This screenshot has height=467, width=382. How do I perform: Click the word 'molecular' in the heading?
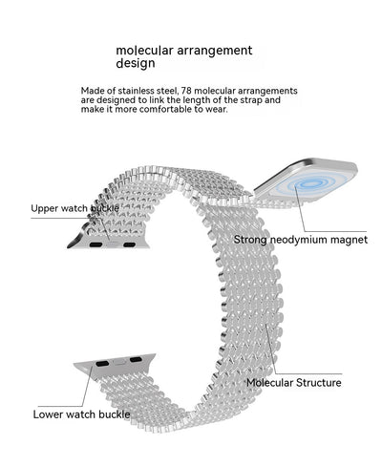(x=144, y=51)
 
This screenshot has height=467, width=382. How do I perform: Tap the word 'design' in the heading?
(x=136, y=63)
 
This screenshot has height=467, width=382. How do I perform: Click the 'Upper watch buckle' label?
(x=74, y=208)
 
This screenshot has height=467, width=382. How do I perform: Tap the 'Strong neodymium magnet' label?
(x=301, y=240)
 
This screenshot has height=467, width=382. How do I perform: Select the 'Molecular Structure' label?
(x=294, y=382)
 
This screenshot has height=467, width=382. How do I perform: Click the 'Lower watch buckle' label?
(x=81, y=414)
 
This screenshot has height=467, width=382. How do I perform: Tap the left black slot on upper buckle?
(x=95, y=244)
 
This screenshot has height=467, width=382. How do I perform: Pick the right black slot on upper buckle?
(x=130, y=244)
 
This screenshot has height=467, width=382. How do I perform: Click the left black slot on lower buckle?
(x=102, y=363)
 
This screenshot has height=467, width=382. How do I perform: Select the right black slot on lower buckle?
(x=136, y=360)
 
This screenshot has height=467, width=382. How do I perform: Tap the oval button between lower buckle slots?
(x=119, y=362)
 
